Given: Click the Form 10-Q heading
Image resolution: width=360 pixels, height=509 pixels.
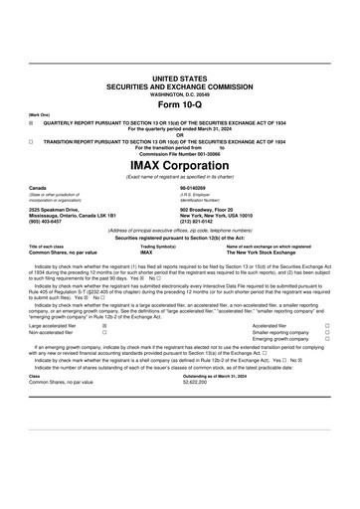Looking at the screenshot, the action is tap(180, 105).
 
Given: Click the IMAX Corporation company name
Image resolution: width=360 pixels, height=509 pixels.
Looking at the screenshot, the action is tap(180, 163).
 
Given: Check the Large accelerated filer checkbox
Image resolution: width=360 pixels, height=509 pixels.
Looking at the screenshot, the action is tap(105, 325).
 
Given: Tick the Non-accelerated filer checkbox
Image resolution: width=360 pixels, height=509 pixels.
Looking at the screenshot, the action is tap(105, 332).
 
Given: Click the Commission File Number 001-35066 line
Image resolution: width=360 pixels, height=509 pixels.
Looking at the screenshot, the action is tap(180, 153).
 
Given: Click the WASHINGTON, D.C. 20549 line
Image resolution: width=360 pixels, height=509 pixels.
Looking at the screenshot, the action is tap(180, 93).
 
